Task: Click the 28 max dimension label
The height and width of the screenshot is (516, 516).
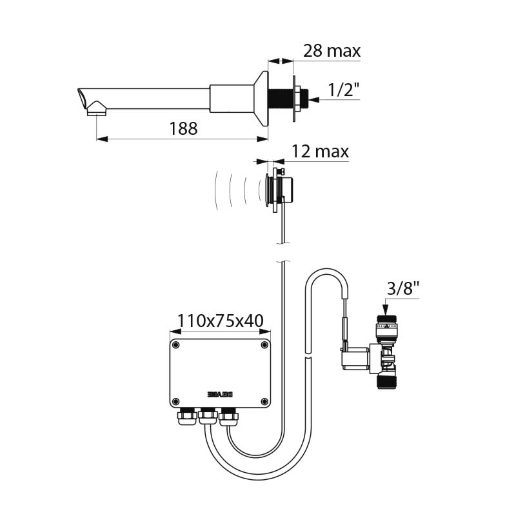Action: [x=332, y=51]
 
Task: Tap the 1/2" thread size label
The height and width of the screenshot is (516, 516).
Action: [x=344, y=91]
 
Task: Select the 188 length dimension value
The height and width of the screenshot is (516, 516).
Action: [x=183, y=128]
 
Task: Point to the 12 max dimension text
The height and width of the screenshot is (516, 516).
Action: [x=320, y=152]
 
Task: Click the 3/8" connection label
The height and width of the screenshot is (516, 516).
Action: [x=404, y=288]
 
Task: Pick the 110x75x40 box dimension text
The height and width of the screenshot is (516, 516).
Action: [x=219, y=320]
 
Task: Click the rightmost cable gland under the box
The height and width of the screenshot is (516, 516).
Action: [x=229, y=419]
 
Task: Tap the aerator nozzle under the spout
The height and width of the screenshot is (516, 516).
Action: [x=96, y=110]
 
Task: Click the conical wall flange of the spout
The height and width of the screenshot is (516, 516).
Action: [x=261, y=98]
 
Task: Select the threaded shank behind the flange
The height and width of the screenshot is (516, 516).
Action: [x=281, y=98]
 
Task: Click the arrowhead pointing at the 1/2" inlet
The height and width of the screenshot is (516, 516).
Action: [x=314, y=99]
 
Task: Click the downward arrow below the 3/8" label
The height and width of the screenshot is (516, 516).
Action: [x=386, y=308]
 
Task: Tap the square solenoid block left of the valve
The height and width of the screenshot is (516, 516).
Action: [x=355, y=359]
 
